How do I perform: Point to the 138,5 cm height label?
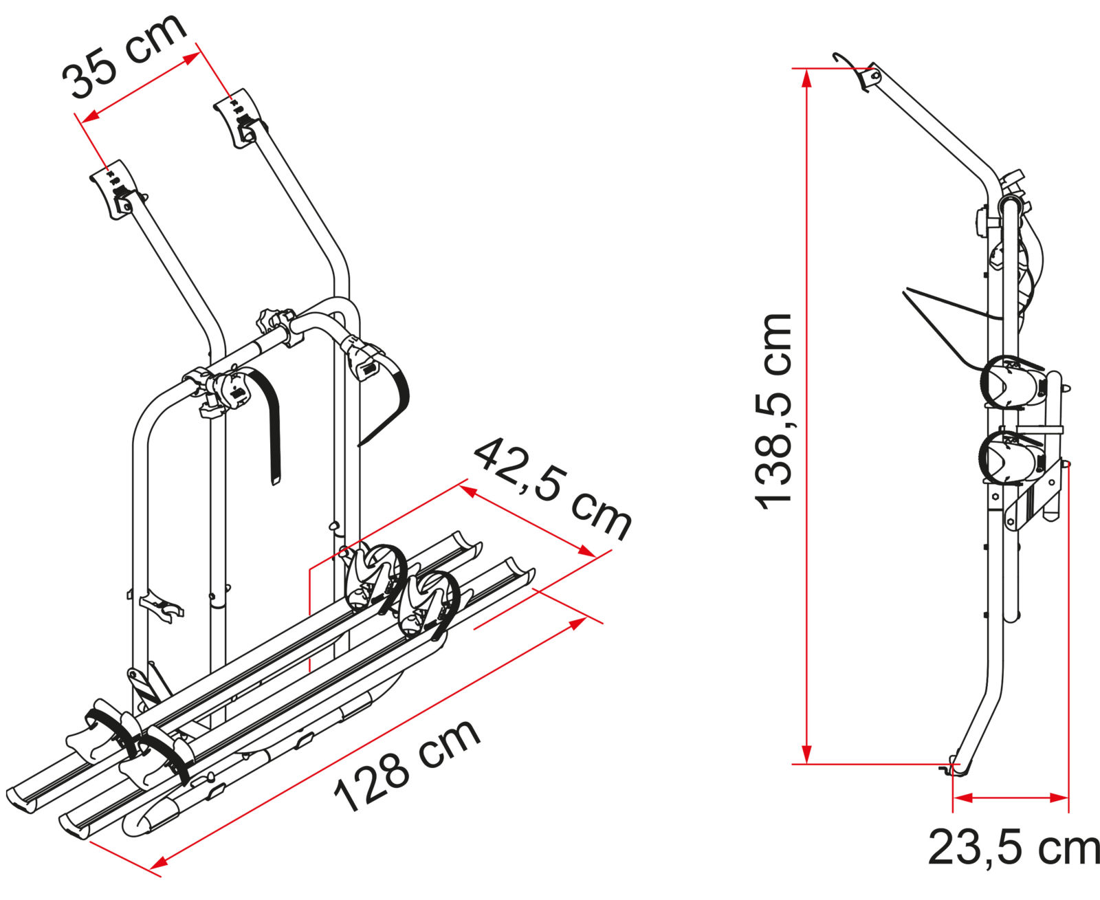[x=773, y=411]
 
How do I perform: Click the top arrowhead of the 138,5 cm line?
[x=806, y=78]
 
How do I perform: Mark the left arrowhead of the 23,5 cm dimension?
[x=963, y=798]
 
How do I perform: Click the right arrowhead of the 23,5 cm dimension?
[x=1058, y=798]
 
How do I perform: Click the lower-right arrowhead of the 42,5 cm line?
[x=586, y=551]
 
